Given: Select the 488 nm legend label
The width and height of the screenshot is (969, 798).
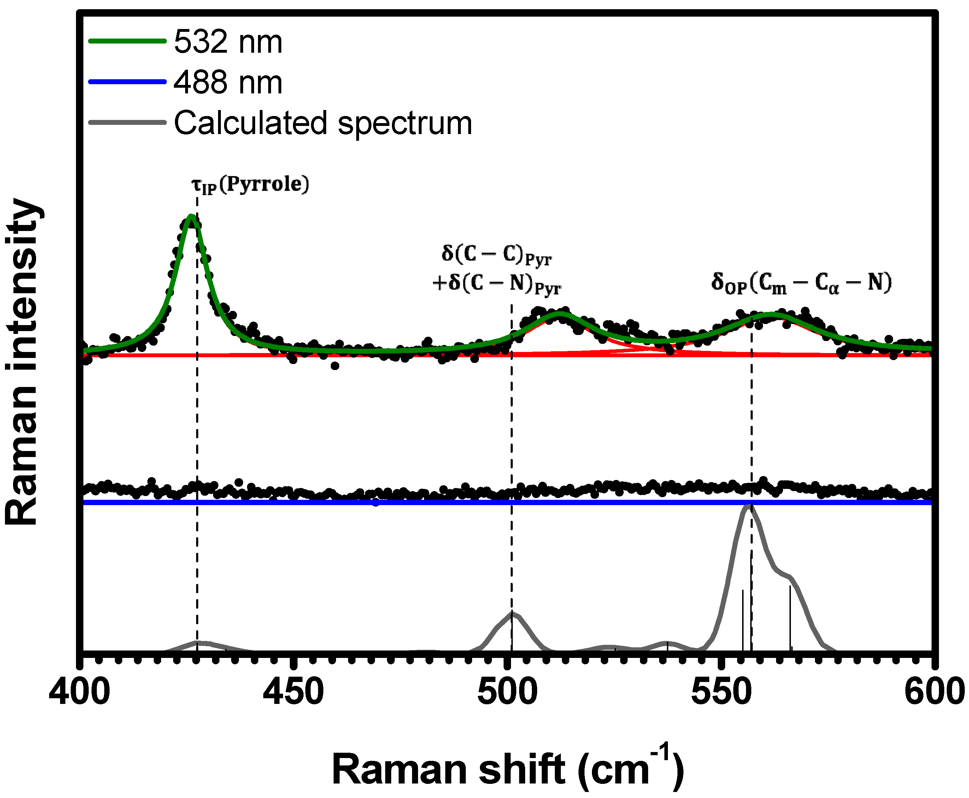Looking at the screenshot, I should tap(228, 83).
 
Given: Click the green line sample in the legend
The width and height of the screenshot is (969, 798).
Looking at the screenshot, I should tap(127, 41).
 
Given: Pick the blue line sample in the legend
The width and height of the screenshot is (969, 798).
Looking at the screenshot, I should tap(127, 82).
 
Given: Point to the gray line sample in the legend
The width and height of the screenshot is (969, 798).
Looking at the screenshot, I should tap(127, 122).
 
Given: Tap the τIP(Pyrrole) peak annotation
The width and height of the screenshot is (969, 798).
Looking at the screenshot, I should tap(250, 185).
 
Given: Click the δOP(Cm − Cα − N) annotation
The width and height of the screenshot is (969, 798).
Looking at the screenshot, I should tap(801, 283).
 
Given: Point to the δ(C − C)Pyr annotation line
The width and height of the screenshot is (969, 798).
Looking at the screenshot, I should tap(497, 254).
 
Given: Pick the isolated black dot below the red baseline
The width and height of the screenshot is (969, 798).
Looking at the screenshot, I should tap(335, 366).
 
